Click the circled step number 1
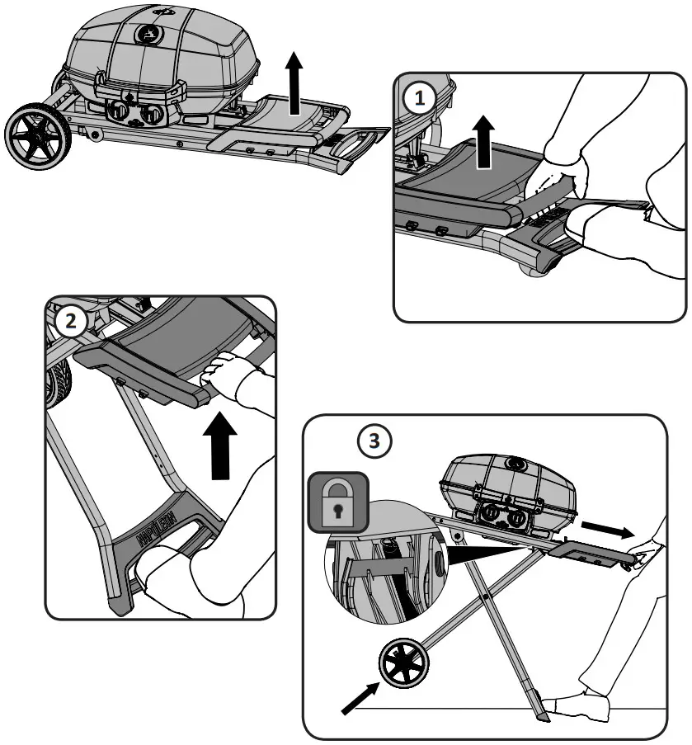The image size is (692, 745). coord(421,98)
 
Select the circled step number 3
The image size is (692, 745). coord(374,441)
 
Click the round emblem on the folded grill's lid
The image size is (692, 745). coord(149,34)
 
